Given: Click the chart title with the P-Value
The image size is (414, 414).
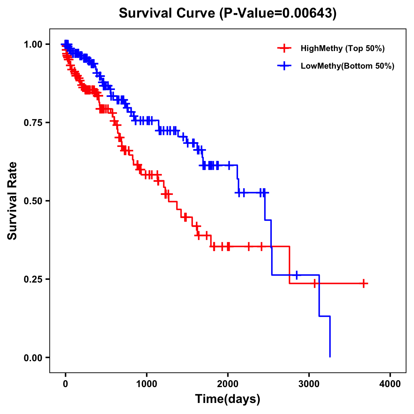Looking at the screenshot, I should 227,13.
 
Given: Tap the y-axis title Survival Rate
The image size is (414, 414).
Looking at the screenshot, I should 12,200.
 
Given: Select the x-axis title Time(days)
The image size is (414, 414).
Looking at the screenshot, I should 227,399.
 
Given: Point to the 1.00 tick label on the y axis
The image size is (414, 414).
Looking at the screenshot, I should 33,45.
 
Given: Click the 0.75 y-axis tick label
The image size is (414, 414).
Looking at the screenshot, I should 33,123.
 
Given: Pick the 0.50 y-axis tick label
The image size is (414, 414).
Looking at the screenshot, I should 33,201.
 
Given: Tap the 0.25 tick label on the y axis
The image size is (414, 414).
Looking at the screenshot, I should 33,279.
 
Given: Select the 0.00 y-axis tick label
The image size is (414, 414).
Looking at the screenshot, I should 33,358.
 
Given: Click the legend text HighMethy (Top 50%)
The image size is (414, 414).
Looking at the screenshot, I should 342,48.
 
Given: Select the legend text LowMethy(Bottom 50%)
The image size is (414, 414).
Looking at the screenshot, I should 347,66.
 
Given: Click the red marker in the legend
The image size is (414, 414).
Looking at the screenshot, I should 284,48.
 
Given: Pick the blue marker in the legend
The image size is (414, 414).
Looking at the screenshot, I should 284,66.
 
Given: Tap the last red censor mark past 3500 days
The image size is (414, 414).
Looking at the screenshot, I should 363,283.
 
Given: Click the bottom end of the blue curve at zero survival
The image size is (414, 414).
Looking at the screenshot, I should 330,356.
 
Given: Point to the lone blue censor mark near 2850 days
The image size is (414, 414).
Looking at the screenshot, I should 296,275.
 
